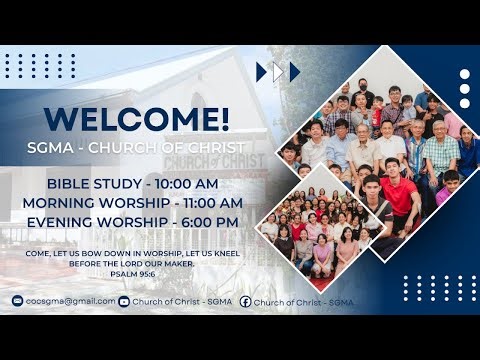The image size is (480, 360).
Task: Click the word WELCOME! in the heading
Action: pyautogui.click(x=137, y=118)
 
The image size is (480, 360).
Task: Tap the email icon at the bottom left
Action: pyautogui.click(x=17, y=301)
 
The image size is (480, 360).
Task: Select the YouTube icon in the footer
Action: pyautogui.click(x=124, y=301)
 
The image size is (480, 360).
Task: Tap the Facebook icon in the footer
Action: pyautogui.click(x=245, y=301)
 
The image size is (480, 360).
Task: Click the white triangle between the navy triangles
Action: pyautogui.click(x=279, y=72)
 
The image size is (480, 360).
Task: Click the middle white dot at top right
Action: pyautogui.click(x=465, y=89)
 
